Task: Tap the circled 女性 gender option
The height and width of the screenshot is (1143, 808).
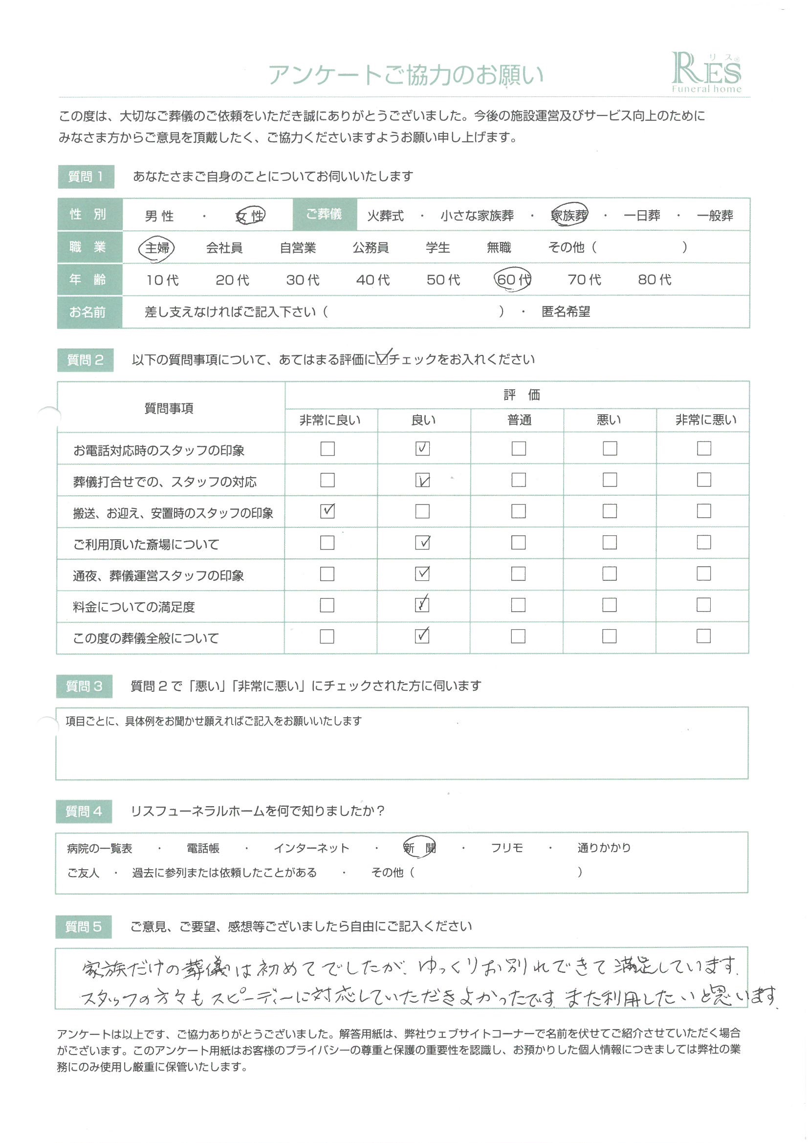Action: point(250,216)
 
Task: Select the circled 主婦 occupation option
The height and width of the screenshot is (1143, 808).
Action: point(157,247)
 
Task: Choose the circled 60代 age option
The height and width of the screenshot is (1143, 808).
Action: point(513,279)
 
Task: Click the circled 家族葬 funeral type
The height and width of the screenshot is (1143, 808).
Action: point(569,215)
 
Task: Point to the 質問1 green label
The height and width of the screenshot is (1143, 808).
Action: point(86,176)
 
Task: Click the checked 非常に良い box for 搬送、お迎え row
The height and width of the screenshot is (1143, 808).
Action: point(327,511)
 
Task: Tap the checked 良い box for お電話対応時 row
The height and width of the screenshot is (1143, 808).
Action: point(422,448)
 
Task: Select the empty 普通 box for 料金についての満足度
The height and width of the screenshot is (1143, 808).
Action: point(518,605)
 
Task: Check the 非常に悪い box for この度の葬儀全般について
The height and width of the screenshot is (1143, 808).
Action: point(703,636)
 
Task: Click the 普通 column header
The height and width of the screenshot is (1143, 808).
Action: point(519,420)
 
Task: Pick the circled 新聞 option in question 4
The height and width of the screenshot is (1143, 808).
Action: point(420,848)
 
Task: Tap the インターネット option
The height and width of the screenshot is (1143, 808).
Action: point(312,848)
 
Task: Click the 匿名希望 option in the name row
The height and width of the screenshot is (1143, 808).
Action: point(566,312)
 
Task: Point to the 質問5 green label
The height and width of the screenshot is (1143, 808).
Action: point(84,927)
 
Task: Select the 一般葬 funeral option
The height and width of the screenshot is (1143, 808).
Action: point(715,216)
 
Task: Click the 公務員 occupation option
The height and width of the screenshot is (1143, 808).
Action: point(371,247)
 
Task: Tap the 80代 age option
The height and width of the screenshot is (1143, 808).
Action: point(655,280)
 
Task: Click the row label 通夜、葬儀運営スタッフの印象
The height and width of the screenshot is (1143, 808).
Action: point(158,575)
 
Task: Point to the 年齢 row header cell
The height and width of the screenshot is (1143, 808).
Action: point(88,280)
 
